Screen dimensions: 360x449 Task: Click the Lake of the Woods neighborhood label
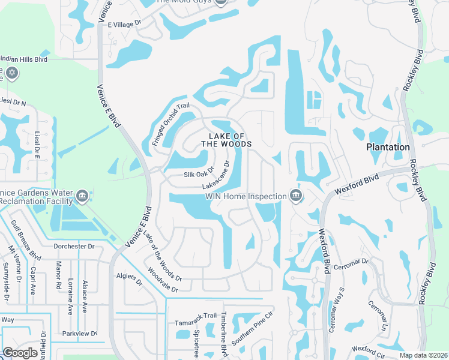[x=226, y=140]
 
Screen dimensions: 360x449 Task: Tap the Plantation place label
[x=388, y=147]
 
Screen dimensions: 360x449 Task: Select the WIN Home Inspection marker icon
[x=295, y=196]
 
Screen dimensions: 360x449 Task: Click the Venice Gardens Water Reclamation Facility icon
[x=83, y=195]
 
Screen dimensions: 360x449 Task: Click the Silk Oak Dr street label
[x=198, y=175]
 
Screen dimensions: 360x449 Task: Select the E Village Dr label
[x=124, y=24]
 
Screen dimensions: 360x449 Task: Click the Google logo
[x=20, y=352]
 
